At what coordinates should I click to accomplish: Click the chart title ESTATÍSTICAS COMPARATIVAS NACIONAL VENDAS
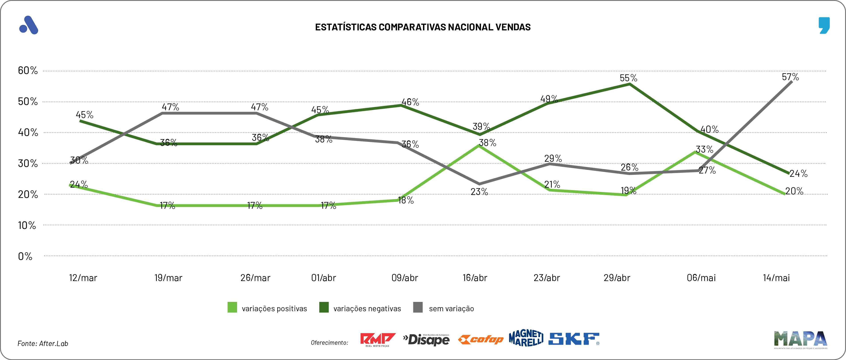(423, 27)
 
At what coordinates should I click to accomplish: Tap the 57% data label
(790, 77)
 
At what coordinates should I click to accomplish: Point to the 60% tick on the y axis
(27, 70)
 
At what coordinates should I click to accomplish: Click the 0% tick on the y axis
(25, 256)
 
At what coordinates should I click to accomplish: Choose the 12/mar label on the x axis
(83, 278)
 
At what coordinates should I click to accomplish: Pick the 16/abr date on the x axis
(475, 278)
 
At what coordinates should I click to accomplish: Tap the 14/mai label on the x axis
(776, 278)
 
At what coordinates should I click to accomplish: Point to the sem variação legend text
(451, 309)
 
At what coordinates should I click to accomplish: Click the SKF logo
(574, 339)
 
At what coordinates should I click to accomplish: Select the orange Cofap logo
(481, 340)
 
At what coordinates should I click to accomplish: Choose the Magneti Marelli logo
(526, 338)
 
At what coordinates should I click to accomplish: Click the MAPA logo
(800, 339)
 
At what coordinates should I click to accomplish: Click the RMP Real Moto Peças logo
(378, 340)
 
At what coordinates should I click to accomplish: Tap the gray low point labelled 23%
(479, 184)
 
